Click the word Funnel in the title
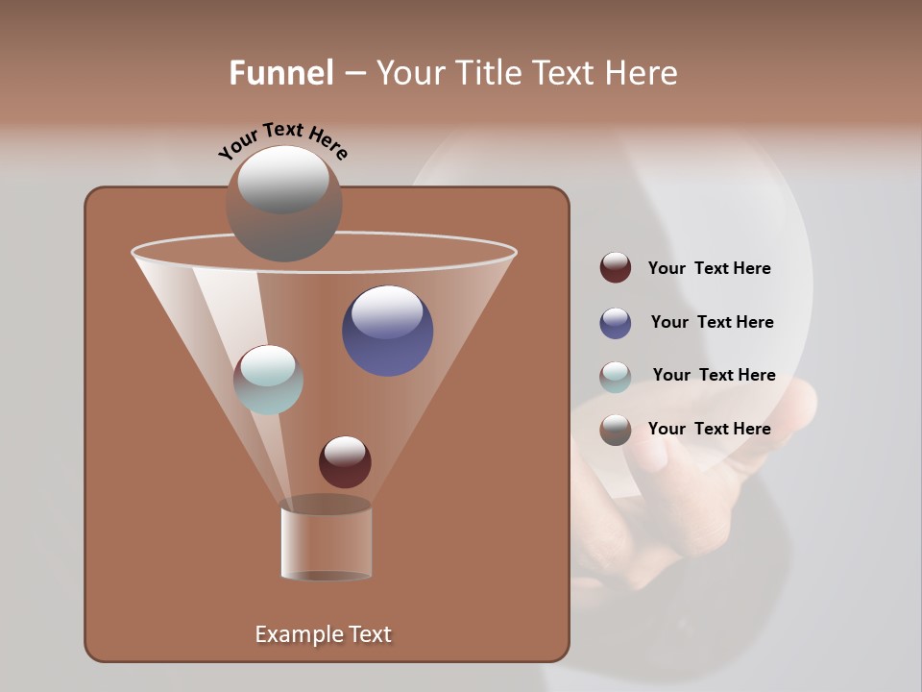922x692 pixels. (x=281, y=73)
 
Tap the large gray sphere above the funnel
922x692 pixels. (x=283, y=204)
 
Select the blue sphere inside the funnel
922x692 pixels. (x=387, y=332)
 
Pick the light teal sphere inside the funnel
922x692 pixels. (x=268, y=380)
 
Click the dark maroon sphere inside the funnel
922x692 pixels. (x=345, y=462)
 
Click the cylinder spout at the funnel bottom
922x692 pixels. (x=326, y=542)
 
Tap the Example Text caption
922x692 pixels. (x=323, y=634)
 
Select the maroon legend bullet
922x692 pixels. (x=615, y=268)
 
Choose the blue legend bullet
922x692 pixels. (x=615, y=322)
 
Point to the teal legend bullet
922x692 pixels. (x=615, y=376)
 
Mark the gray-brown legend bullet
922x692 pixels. (x=615, y=429)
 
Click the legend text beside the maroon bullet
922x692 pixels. (x=709, y=268)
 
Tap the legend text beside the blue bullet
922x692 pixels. (x=712, y=322)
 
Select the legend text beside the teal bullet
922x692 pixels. (x=714, y=375)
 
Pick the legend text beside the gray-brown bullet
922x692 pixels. (x=709, y=429)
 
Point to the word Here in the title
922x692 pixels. (x=643, y=73)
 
